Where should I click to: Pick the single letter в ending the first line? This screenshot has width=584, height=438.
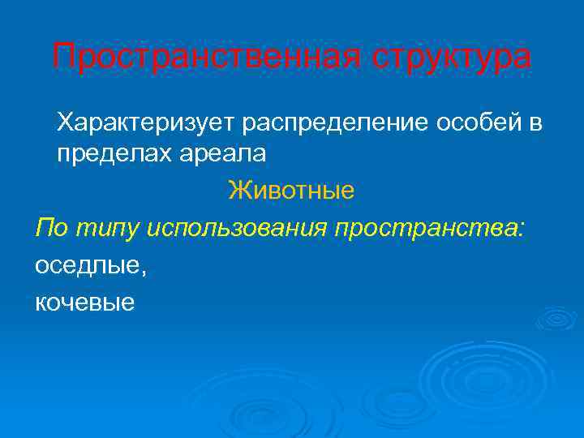click(535, 122)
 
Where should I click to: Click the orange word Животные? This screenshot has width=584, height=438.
click(291, 191)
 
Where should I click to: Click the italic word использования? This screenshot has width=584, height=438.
click(238, 230)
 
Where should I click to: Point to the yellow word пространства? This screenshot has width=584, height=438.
click(427, 230)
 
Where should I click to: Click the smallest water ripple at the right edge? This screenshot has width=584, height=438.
click(556, 318)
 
